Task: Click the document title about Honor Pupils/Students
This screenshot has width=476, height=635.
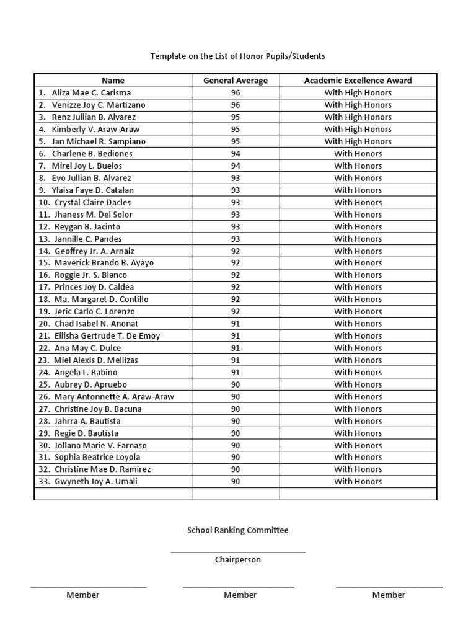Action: pyautogui.click(x=237, y=56)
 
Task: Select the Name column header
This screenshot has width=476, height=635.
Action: pyautogui.click(x=113, y=80)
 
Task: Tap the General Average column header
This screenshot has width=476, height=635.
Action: pyautogui.click(x=236, y=80)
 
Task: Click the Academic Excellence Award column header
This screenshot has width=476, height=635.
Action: pyautogui.click(x=358, y=80)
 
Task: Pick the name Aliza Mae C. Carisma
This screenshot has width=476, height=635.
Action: pyautogui.click(x=91, y=92)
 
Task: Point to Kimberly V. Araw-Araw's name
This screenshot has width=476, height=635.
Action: pyautogui.click(x=95, y=129)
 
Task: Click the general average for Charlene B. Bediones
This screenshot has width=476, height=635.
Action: pyautogui.click(x=236, y=153)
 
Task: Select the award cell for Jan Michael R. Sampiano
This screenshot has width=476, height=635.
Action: pyautogui.click(x=358, y=141)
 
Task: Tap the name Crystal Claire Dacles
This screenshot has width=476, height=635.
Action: pyautogui.click(x=92, y=202)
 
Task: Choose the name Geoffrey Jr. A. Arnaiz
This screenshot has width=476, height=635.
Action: pyautogui.click(x=94, y=251)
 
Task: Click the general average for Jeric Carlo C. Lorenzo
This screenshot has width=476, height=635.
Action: pyautogui.click(x=236, y=311)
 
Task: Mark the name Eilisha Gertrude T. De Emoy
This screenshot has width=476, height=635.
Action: pyautogui.click(x=107, y=335)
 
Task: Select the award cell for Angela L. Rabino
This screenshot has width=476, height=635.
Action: pyautogui.click(x=358, y=372)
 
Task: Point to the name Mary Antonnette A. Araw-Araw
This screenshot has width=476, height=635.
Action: pyautogui.click(x=114, y=396)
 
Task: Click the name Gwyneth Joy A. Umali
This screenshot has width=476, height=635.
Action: pyautogui.click(x=96, y=481)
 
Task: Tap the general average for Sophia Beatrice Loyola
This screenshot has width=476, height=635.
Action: pyautogui.click(x=236, y=457)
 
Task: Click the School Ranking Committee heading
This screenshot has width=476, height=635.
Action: pyautogui.click(x=238, y=530)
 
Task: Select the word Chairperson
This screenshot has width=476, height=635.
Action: pyautogui.click(x=238, y=559)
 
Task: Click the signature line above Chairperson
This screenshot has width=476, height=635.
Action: pyautogui.click(x=238, y=551)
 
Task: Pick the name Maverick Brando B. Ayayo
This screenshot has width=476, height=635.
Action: pyautogui.click(x=104, y=263)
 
